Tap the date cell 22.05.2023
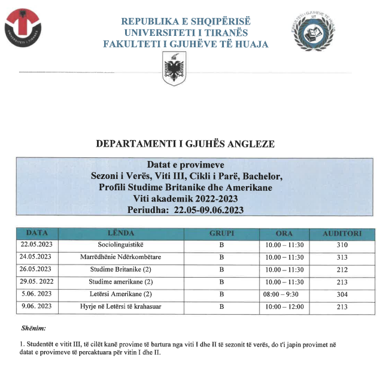coord(37,245)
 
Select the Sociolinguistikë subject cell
coord(121,245)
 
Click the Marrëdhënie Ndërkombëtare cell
coord(121,257)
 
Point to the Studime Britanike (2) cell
coord(121,269)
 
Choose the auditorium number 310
coord(342,245)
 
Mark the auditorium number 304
coord(342,294)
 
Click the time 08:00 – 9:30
coord(284,294)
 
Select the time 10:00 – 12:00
coord(284,306)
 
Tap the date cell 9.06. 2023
coord(37,306)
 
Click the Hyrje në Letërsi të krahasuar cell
coord(121,306)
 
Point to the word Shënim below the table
coord(34,329)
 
